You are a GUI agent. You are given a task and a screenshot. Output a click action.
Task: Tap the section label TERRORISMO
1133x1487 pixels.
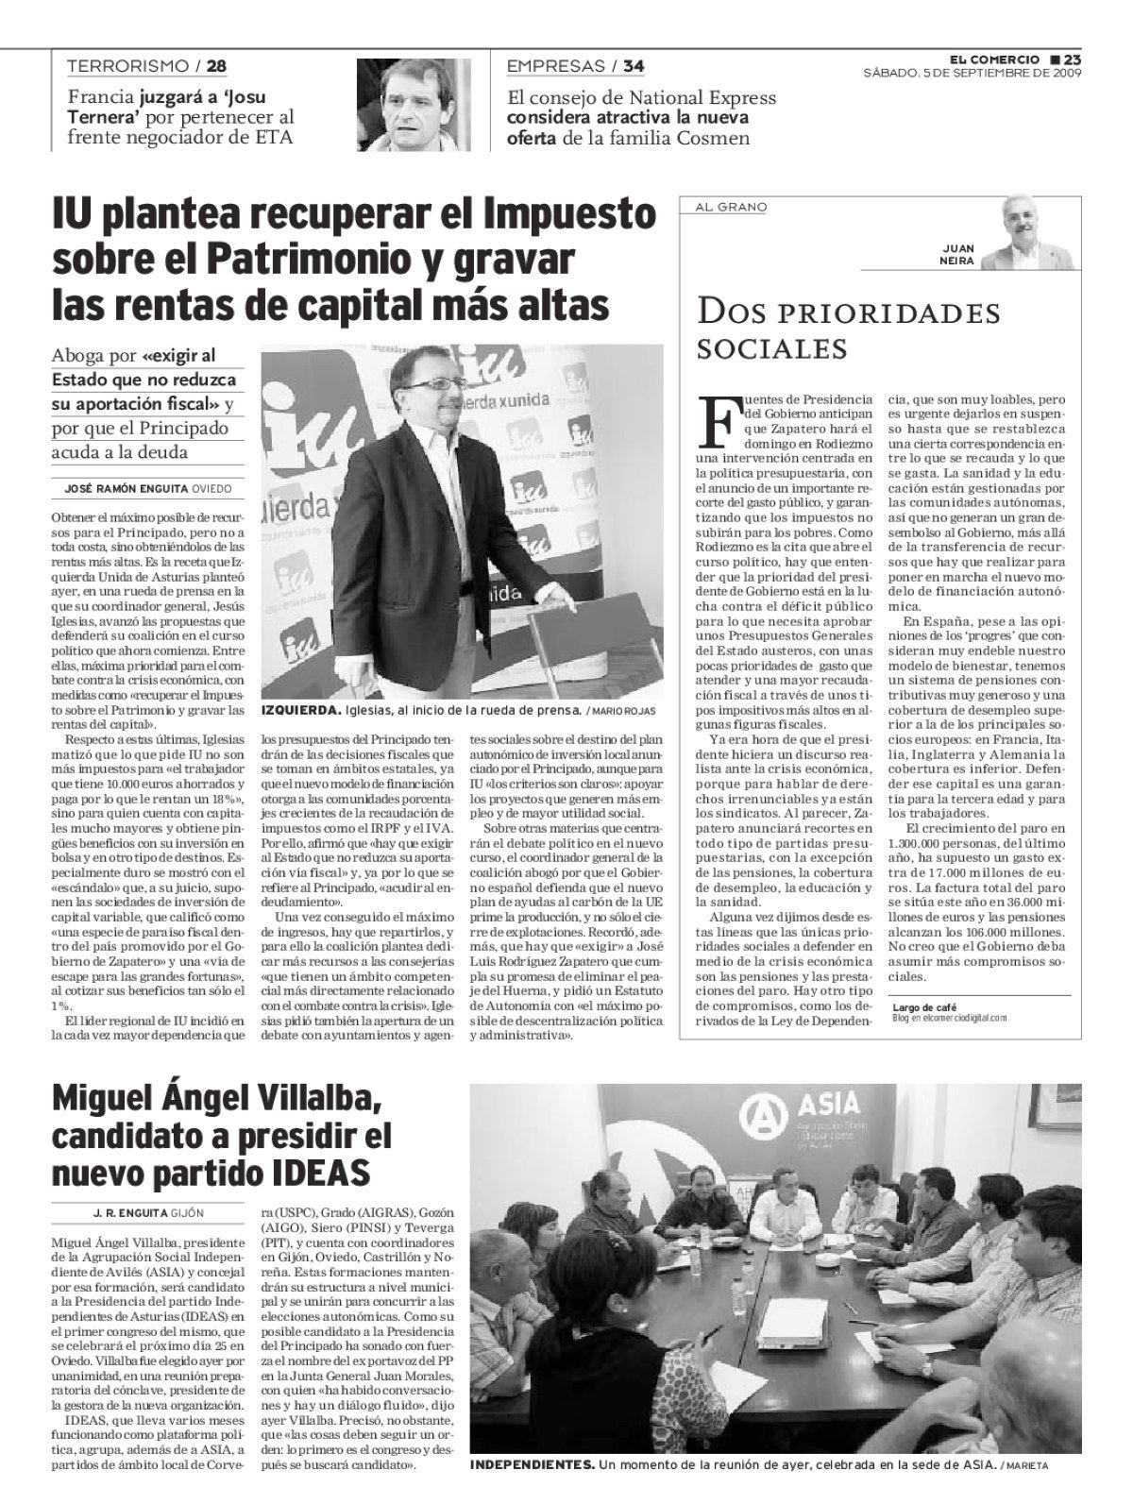click(x=128, y=66)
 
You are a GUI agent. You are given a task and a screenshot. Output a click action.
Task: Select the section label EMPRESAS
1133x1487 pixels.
click(x=555, y=66)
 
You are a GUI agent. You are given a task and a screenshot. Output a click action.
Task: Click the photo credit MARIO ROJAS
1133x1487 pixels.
click(x=624, y=711)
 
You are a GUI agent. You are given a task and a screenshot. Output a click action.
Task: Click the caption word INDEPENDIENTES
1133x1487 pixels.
click(x=532, y=1464)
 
